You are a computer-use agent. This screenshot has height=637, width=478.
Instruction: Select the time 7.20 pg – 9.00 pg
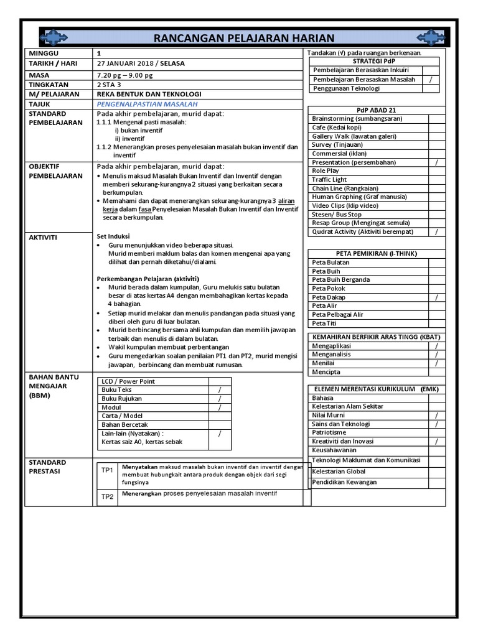[124, 75]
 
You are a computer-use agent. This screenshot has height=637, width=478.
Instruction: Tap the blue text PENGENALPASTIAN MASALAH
[147, 104]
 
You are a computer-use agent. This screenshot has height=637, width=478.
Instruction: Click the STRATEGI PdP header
[373, 61]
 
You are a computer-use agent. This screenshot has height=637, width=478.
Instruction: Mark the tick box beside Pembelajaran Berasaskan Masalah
[430, 80]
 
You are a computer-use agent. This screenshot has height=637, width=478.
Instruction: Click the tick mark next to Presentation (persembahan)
[436, 162]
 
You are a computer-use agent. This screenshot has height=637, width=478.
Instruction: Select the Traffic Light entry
[329, 179]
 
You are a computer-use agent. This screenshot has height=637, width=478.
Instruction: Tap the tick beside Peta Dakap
[436, 297]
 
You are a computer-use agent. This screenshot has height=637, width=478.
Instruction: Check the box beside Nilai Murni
[436, 415]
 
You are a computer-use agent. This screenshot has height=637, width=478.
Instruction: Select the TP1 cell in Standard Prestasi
[108, 470]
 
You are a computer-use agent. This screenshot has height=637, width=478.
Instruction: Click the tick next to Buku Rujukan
[220, 399]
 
